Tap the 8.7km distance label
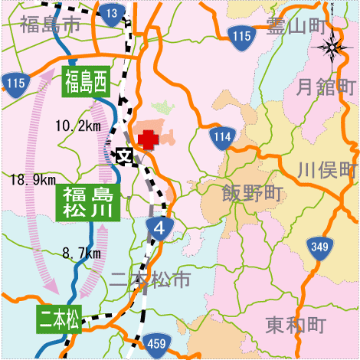pos(82,252)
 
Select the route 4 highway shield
pos(159,228)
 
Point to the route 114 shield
pos(222,136)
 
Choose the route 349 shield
pos(319,247)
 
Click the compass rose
pos(332,49)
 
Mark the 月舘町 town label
pos(326,84)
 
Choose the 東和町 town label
pos(296,326)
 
